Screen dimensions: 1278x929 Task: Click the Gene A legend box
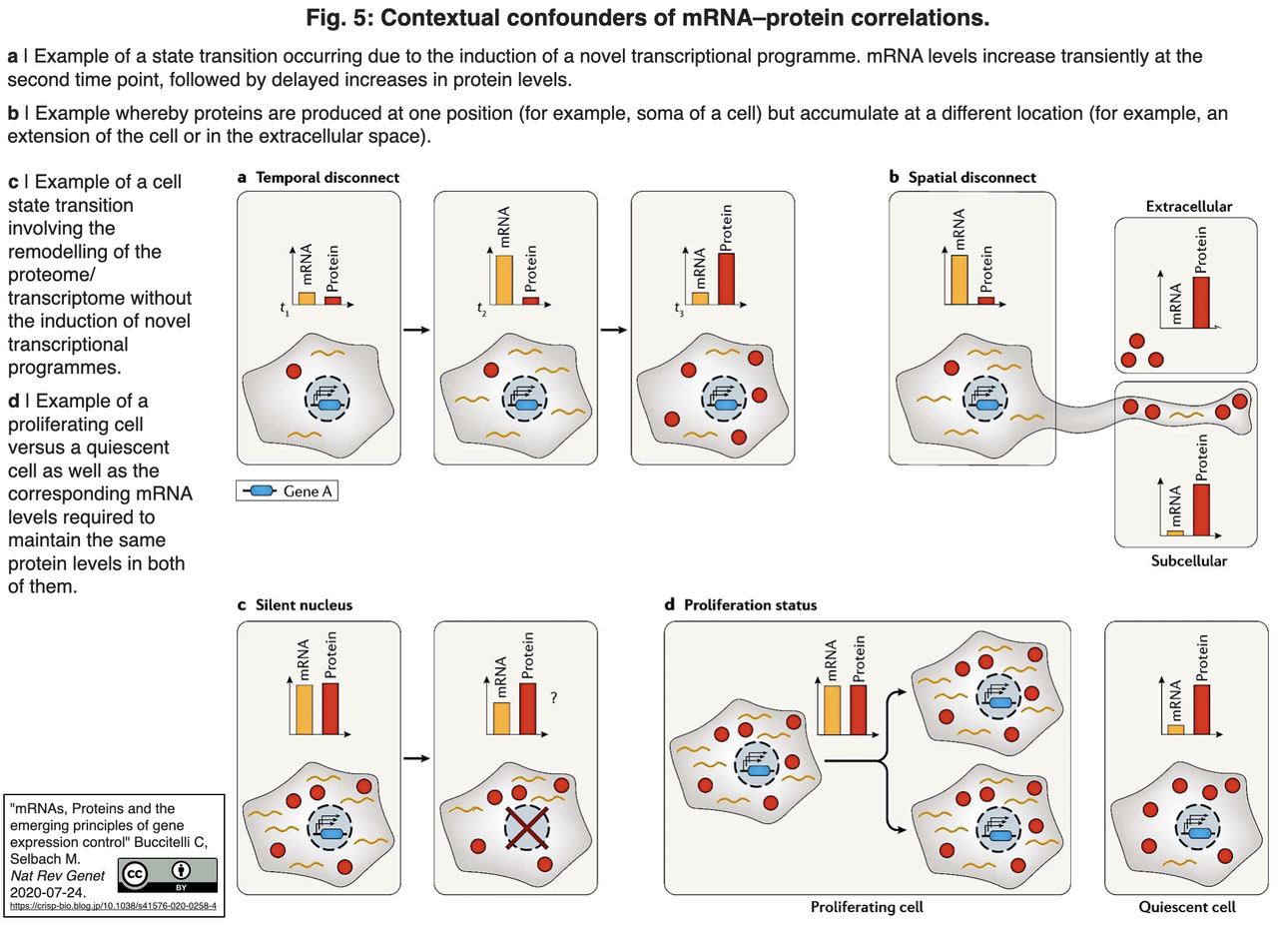(x=287, y=490)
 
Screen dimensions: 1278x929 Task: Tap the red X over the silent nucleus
(x=526, y=828)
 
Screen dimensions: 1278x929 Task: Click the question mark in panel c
(x=553, y=697)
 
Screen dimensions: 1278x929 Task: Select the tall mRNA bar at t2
(x=504, y=280)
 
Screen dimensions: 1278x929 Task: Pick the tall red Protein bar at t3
(x=726, y=279)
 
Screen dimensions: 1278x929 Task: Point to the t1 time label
(x=285, y=310)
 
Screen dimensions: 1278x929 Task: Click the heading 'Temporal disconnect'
(x=327, y=178)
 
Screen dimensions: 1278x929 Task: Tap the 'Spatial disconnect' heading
(x=971, y=178)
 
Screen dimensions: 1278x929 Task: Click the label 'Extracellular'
(x=1189, y=206)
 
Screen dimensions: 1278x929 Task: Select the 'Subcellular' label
(x=1189, y=561)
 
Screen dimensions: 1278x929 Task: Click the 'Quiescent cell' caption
(x=1187, y=907)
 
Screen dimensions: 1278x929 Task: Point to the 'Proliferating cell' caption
(x=867, y=907)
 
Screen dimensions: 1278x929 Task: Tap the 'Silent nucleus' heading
(x=304, y=605)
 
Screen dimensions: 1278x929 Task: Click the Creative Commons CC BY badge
(x=168, y=875)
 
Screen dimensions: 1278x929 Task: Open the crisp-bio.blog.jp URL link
(x=113, y=906)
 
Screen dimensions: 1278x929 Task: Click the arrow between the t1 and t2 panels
(x=416, y=330)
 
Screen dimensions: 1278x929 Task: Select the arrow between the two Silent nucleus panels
(x=416, y=758)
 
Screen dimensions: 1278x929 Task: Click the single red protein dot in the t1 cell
(x=294, y=372)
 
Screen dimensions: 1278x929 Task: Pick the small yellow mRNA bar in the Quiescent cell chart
(x=1176, y=729)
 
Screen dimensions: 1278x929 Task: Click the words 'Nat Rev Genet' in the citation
(x=58, y=875)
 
